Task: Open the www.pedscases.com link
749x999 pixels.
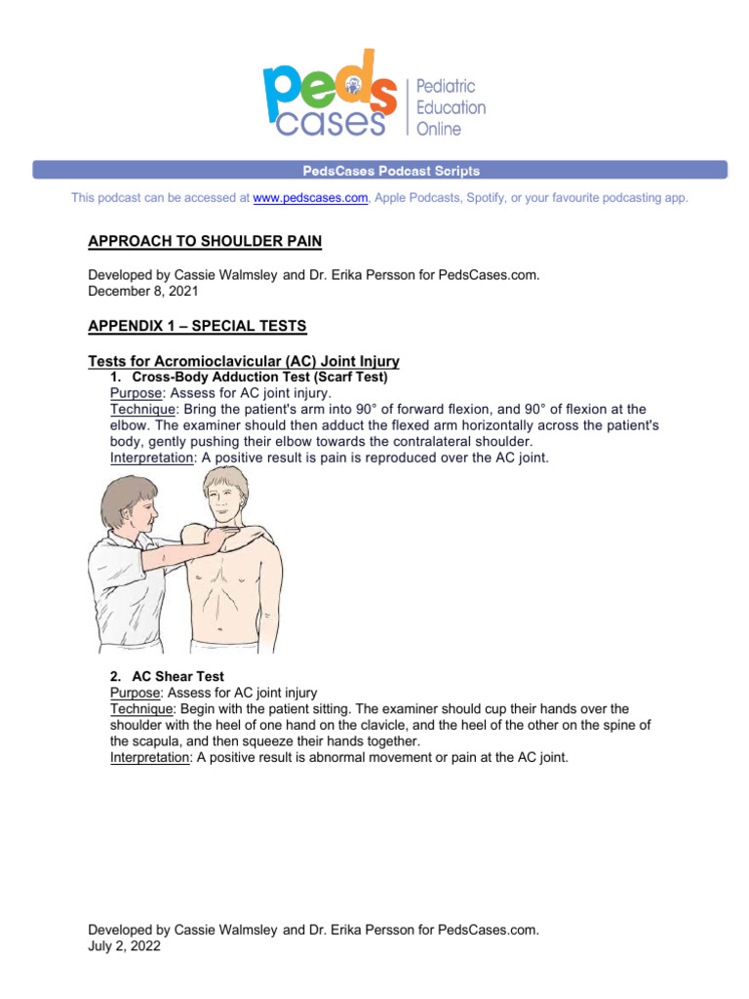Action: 310,198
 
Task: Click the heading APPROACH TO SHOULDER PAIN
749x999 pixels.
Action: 205,240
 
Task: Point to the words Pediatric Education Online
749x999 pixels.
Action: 451,108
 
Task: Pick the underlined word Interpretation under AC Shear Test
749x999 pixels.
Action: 151,758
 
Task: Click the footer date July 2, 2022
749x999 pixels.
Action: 124,945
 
